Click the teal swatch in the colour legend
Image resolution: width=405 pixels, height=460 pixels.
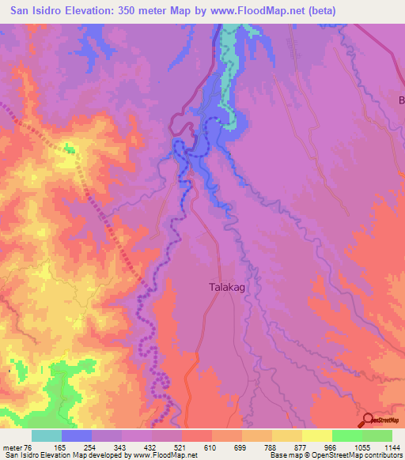click(47, 435)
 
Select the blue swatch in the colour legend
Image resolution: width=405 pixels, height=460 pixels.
click(77, 435)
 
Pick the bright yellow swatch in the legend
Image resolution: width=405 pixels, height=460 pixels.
click(316, 435)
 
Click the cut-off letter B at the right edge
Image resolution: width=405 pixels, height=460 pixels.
click(401, 100)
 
